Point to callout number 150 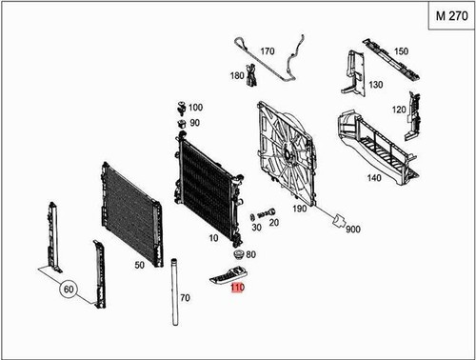click(x=401, y=51)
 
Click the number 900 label click(x=353, y=230)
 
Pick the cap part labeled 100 click(x=181, y=106)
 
